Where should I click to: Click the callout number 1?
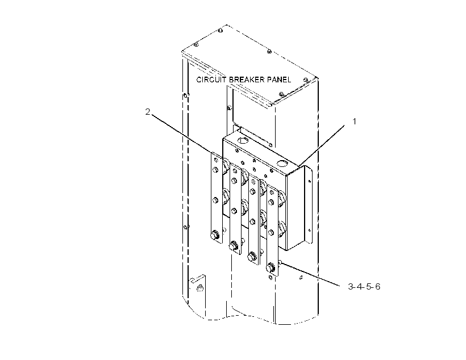354,121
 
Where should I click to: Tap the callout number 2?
148,112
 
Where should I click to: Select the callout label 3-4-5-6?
364,287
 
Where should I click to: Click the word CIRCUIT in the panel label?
211,79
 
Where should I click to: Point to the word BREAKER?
247,79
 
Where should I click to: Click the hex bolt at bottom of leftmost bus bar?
214,236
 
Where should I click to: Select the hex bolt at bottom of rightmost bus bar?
271,267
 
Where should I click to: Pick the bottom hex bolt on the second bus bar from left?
234,246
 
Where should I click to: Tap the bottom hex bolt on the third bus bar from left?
252,256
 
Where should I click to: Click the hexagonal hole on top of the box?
243,140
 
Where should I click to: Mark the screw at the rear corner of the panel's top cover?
220,30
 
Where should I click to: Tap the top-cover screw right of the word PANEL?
306,79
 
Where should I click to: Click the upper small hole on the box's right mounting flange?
309,181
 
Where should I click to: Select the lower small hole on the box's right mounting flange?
309,230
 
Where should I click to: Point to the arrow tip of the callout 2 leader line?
211,152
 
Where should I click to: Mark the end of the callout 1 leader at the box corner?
298,165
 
